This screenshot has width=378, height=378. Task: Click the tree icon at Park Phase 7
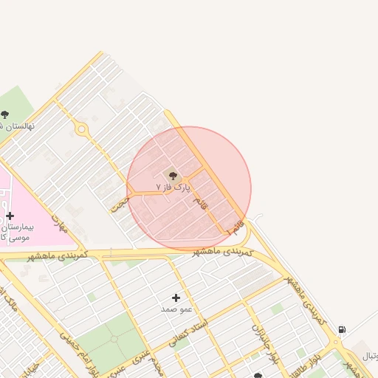(x=173, y=176)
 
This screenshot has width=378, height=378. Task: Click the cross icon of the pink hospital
(x=10, y=216)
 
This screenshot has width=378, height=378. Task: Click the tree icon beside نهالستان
(x=5, y=114)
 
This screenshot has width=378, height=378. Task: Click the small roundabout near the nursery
(x=80, y=130)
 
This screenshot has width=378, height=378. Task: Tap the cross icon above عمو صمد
(x=176, y=297)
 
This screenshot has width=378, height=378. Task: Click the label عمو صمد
(x=176, y=309)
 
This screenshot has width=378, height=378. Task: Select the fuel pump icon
(x=341, y=329)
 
